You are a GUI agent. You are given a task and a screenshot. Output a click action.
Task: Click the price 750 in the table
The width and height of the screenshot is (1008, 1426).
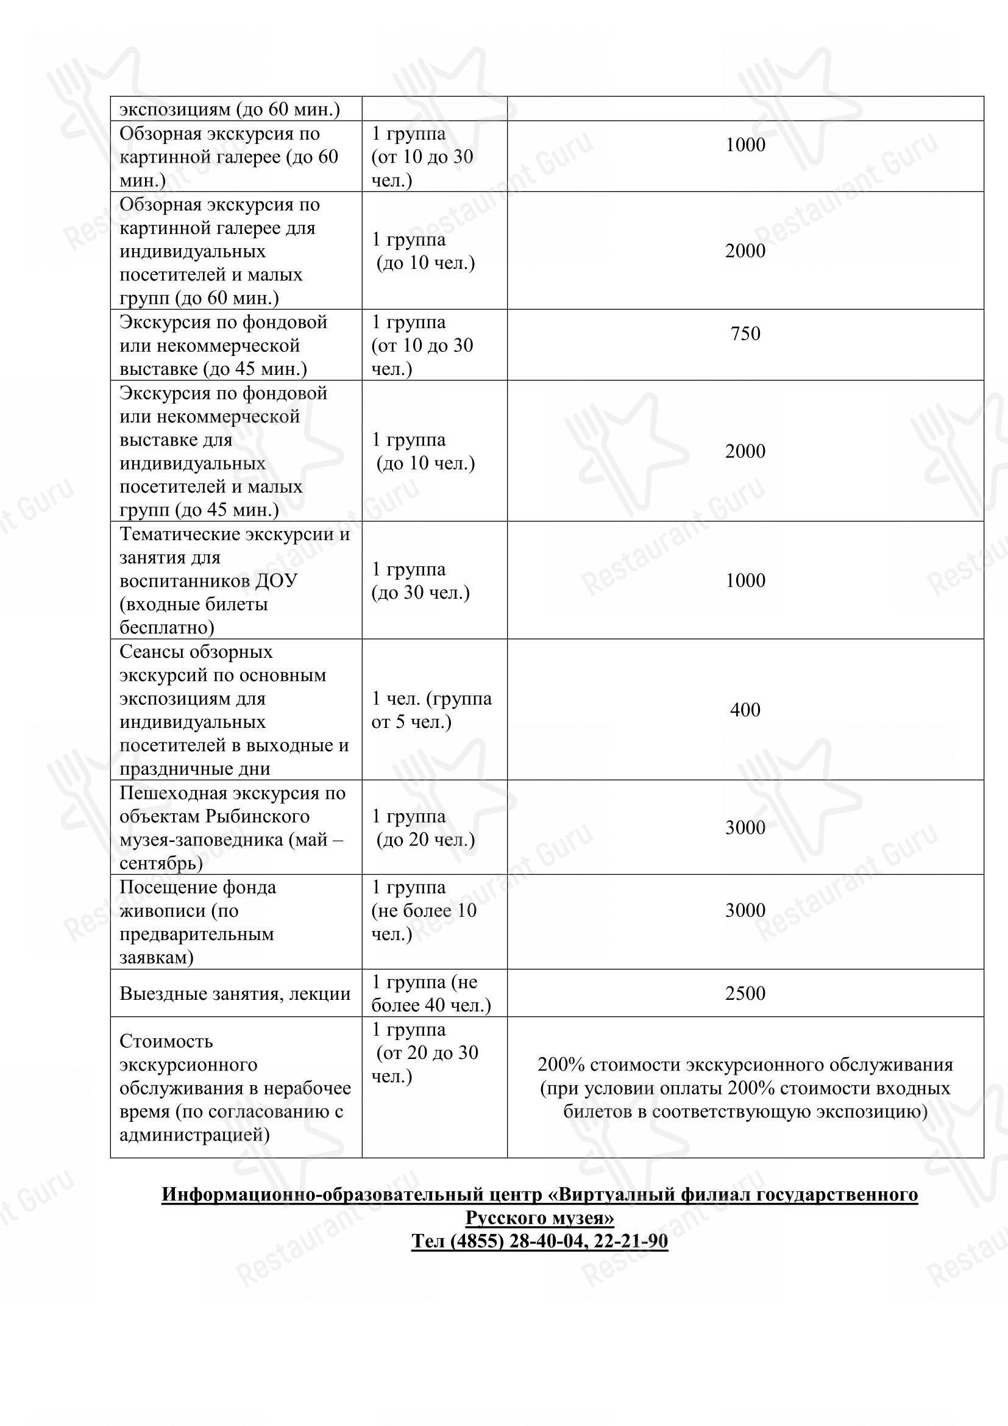pos(745,333)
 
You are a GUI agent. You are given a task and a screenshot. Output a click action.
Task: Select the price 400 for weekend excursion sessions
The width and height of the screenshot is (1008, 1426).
pos(745,709)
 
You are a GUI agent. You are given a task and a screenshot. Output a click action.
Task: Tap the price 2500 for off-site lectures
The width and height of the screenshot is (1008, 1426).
pos(745,993)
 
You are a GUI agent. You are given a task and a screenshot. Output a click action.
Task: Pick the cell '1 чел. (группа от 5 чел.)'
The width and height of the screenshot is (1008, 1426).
pos(431,710)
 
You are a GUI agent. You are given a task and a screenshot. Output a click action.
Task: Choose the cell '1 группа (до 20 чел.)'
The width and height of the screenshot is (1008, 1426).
pos(425,828)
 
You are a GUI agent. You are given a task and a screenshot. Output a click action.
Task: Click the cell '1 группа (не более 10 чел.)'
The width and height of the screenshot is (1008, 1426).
pos(424,910)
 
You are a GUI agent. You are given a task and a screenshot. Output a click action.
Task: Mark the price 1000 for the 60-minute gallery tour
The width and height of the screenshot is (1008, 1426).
pos(745,144)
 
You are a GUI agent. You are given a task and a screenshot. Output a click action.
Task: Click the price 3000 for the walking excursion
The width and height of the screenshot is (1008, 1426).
pos(745,827)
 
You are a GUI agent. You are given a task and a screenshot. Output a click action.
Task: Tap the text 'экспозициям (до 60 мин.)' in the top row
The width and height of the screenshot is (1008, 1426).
pos(230,110)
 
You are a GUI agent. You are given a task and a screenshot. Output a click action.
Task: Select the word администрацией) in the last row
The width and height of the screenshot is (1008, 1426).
pos(194,1135)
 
